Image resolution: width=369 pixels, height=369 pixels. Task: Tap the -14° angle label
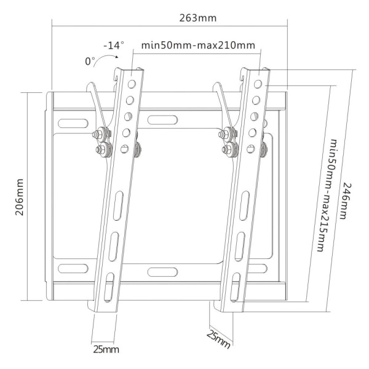click(x=113, y=45)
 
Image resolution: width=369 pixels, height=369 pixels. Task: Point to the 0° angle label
click(x=91, y=60)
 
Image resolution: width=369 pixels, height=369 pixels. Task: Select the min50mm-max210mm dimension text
click(x=197, y=45)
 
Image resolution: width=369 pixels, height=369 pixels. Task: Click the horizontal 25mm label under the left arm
click(x=105, y=349)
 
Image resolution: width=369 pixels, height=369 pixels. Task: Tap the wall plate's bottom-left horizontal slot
click(x=73, y=268)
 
